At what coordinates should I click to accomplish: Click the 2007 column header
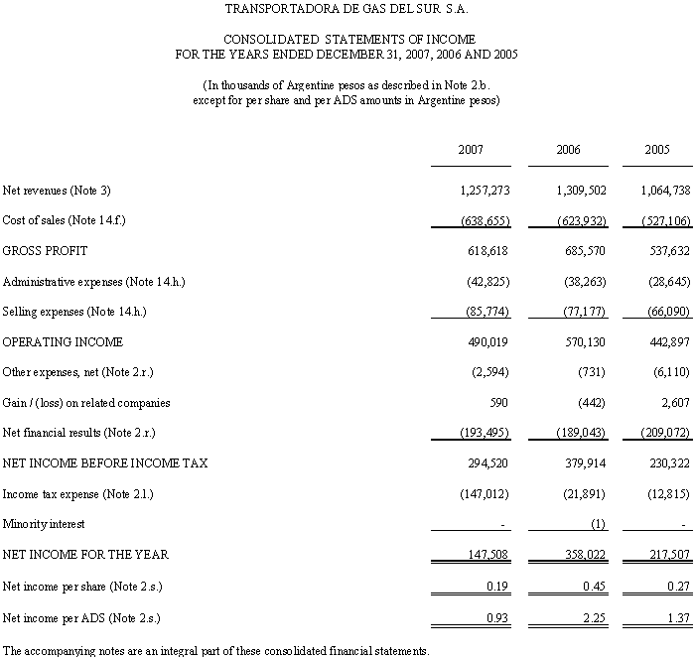pos(471,150)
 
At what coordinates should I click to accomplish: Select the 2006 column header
pos(569,150)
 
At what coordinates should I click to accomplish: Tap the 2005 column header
pos(657,150)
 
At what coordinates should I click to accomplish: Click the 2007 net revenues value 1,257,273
pos(485,190)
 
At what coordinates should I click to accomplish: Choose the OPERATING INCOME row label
pos(64,342)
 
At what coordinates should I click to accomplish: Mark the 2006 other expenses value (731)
pos(592,372)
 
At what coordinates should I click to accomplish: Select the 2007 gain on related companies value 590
pos(500,403)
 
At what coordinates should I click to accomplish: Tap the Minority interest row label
pos(44,523)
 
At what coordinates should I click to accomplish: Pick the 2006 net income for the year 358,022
pos(582,554)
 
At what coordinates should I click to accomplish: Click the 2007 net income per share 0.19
pos(498,587)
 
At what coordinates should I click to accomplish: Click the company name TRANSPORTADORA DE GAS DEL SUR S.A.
pos(347,11)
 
